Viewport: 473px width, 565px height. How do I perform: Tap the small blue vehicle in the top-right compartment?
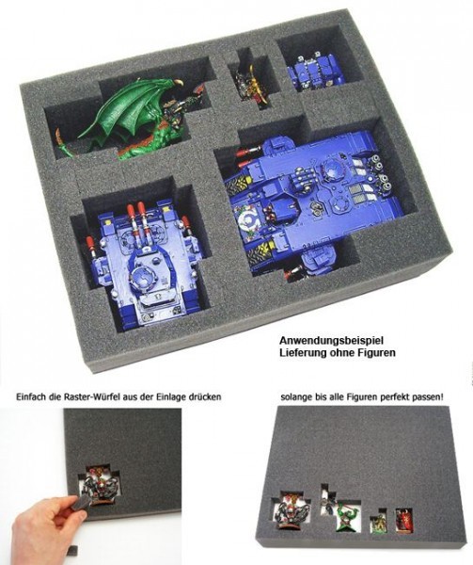[314, 73]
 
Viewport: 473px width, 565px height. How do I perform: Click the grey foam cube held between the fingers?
[80, 503]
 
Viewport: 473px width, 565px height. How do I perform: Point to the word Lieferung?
[298, 352]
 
